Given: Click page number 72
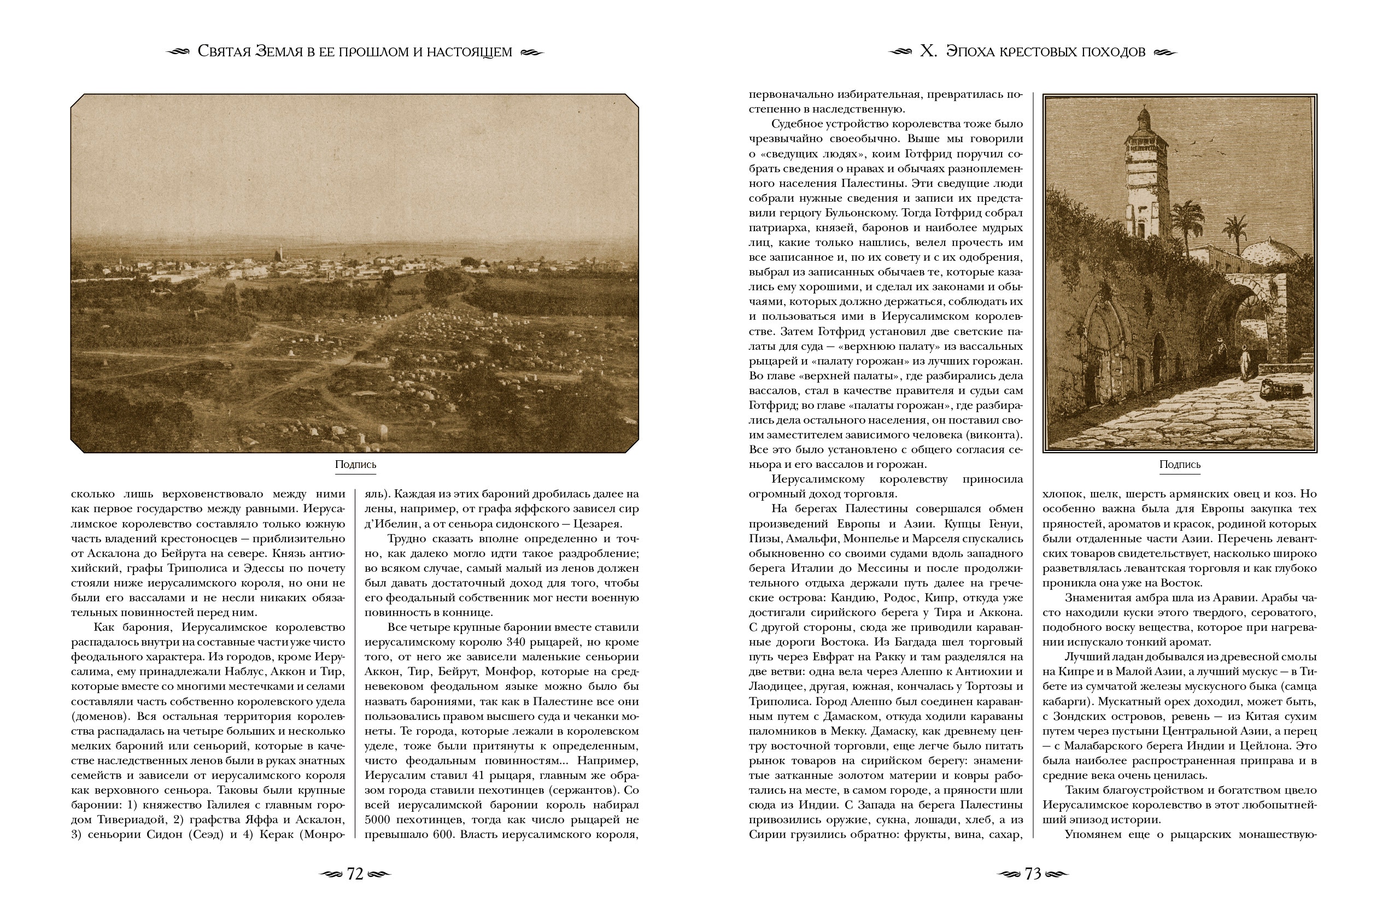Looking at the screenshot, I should pos(355,874).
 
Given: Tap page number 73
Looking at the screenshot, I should pos(1033,874).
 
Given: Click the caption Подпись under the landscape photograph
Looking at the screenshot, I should pos(355,465).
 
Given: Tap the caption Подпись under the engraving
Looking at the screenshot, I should pos(1180,465).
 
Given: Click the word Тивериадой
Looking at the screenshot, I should pos(138,819).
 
